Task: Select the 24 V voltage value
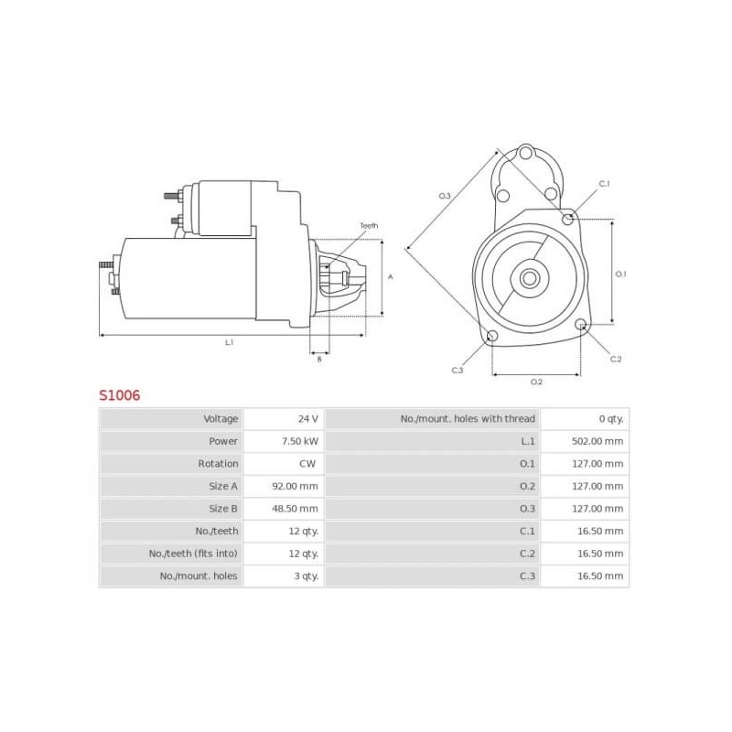307,418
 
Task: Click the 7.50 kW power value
300,441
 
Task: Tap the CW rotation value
307,463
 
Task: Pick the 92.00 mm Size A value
297,486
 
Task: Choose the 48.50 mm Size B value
297,508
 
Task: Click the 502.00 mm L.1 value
599,441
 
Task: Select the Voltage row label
221,418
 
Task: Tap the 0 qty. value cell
611,418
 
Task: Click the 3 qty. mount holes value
305,576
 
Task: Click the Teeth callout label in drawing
368,225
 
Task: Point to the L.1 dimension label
229,342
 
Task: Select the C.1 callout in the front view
604,184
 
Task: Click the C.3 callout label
457,370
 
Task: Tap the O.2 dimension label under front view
536,382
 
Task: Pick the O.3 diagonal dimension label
445,196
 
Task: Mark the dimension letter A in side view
391,276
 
